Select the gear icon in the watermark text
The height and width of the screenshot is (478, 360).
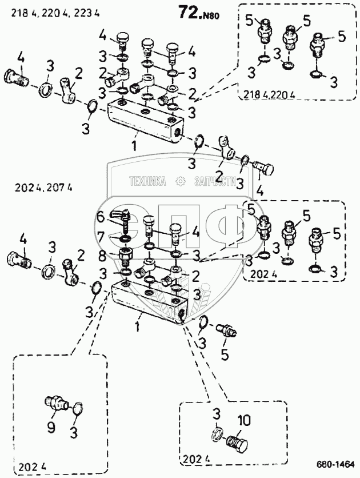coord(182,181)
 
